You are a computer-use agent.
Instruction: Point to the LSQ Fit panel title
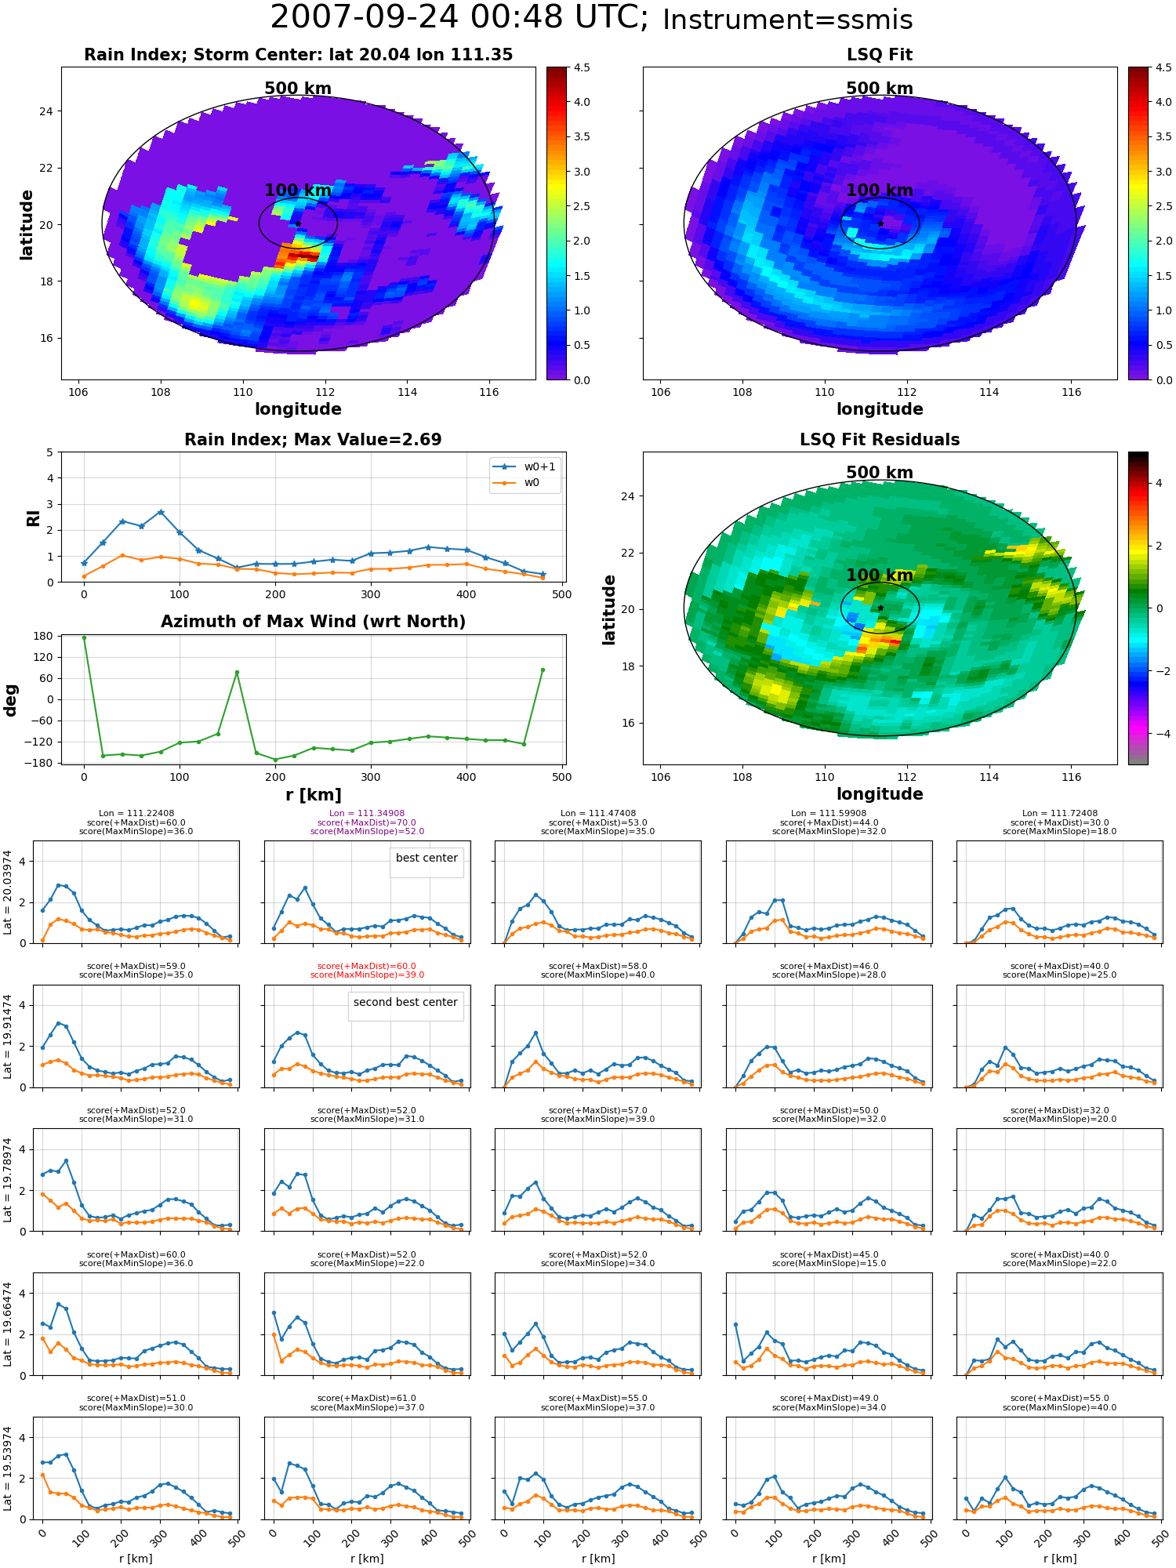(880, 55)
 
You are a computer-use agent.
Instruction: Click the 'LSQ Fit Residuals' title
(880, 440)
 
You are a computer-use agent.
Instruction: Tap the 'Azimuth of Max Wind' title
(313, 622)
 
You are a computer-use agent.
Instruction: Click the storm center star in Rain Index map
(298, 224)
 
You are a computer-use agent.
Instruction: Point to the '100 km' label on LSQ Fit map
(880, 191)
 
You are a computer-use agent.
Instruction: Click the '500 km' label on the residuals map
(880, 473)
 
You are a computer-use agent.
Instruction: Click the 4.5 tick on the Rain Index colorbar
(581, 68)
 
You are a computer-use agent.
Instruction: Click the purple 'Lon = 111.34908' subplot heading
(367, 814)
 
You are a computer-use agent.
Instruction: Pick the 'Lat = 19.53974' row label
(8, 1468)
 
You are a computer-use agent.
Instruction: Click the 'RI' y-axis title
(34, 518)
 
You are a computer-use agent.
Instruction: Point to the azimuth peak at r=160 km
(237, 673)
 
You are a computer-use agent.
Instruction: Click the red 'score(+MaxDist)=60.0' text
(367, 967)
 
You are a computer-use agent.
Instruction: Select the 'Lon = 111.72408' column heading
(1059, 814)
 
